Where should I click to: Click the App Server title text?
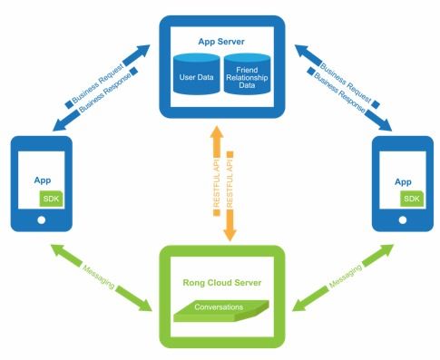point(221,42)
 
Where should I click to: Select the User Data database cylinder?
point(197,73)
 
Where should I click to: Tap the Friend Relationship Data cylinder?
point(247,73)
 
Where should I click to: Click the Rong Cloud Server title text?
point(222,283)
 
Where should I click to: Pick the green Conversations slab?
point(221,310)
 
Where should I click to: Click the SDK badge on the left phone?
point(51,199)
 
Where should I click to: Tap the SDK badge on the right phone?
point(412,199)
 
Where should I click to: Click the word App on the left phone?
point(43,180)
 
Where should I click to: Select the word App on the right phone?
point(403,182)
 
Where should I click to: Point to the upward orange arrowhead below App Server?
point(217,132)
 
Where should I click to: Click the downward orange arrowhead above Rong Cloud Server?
point(230,234)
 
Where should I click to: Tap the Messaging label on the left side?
point(99,277)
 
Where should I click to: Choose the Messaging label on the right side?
point(346,276)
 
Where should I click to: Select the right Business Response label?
point(339,92)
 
